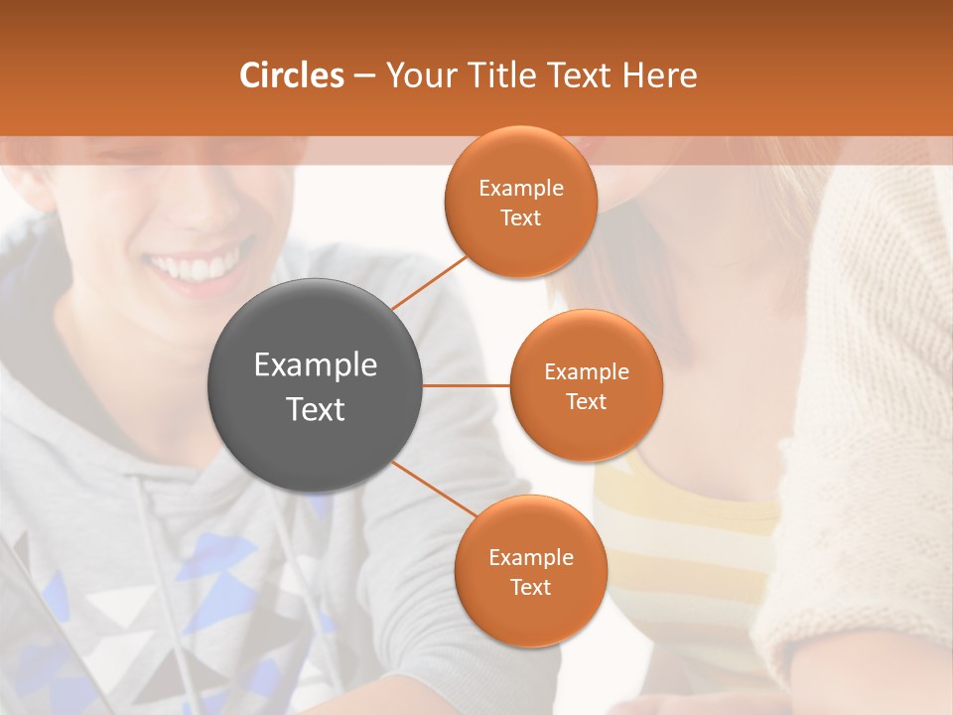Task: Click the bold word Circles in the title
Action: coord(291,75)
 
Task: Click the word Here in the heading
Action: coord(659,75)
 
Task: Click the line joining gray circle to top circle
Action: coord(430,283)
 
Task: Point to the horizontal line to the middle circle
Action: coord(467,385)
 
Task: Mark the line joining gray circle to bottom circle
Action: coord(435,489)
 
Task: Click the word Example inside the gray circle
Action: coord(316,365)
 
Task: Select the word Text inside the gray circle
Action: coord(316,409)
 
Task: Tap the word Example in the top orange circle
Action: coord(521,189)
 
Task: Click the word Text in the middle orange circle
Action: coord(586,402)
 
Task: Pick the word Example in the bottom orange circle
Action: coord(531,558)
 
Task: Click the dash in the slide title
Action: coord(364,75)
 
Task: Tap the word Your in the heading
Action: coord(416,75)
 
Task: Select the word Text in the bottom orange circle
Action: coord(530,588)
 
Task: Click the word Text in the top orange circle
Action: coord(521,218)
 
